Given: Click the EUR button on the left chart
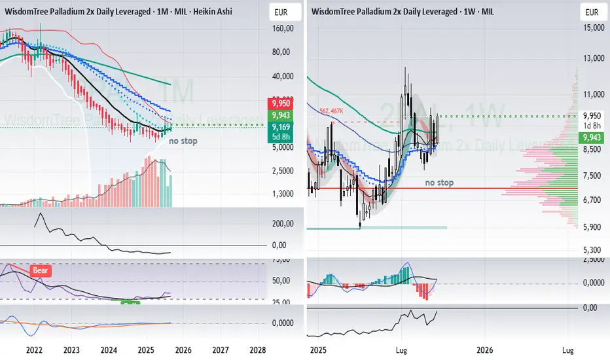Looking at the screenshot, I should pyautogui.click(x=280, y=12).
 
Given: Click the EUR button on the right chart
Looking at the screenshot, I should pyautogui.click(x=591, y=12).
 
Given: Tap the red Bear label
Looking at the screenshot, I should pyautogui.click(x=41, y=269).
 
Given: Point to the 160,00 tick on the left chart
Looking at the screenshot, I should pyautogui.click(x=281, y=29).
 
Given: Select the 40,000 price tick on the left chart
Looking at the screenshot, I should pyautogui.click(x=281, y=77).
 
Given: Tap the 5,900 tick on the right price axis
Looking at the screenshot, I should pyautogui.click(x=592, y=228).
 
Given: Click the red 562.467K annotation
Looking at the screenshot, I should pyautogui.click(x=332, y=111).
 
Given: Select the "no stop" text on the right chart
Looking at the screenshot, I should pyautogui.click(x=439, y=183).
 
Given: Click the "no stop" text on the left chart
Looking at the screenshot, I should pyautogui.click(x=183, y=141).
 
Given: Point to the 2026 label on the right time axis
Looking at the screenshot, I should pyautogui.click(x=484, y=350).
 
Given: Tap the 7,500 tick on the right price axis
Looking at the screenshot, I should pyautogui.click(x=592, y=175).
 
